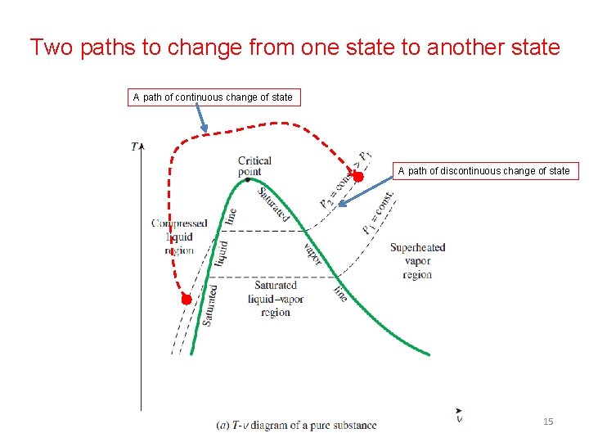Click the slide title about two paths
tap(294, 47)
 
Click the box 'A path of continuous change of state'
tap(213, 97)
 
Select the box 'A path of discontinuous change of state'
tap(484, 171)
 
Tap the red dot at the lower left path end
tap(187, 300)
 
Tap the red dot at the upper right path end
tap(357, 175)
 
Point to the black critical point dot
tap(248, 180)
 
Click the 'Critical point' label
tap(254, 166)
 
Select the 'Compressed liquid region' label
tap(179, 237)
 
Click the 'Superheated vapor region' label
tap(417, 261)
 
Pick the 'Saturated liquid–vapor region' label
tap(276, 299)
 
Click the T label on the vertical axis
tap(134, 147)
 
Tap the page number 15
tap(548, 422)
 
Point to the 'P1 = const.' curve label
tap(378, 214)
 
